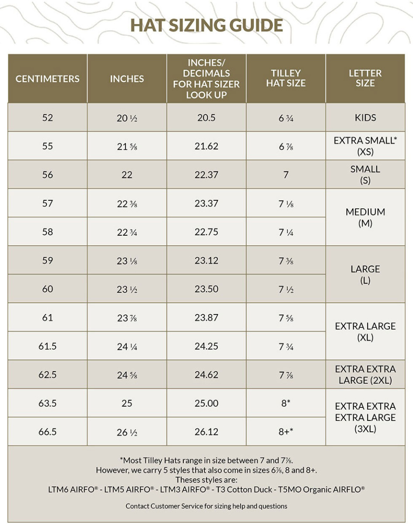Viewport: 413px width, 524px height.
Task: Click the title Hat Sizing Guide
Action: click(206, 25)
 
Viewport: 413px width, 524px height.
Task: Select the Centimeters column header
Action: click(48, 79)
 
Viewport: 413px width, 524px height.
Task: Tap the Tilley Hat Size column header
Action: click(286, 78)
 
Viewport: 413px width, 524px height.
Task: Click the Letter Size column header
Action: click(365, 78)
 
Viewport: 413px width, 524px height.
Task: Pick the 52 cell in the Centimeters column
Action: click(48, 117)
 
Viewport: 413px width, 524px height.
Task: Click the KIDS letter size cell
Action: click(365, 117)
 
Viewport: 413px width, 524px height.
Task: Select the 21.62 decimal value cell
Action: click(206, 146)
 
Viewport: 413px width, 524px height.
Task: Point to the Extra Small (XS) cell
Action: click(365, 146)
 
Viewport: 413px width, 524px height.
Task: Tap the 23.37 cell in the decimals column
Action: click(206, 203)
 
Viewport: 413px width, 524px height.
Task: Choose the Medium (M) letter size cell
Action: click(365, 217)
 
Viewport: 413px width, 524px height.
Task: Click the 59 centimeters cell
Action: click(48, 261)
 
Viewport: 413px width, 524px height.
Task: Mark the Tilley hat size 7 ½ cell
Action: click(286, 290)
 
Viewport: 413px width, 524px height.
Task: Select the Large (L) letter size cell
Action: click(365, 275)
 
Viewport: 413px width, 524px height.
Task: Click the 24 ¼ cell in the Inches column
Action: click(127, 347)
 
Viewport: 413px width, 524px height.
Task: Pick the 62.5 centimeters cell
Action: click(48, 375)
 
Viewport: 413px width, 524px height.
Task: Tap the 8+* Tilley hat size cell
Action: click(286, 432)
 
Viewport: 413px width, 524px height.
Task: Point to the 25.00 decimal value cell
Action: click(206, 403)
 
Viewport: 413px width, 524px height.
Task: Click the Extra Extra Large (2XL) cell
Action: click(365, 375)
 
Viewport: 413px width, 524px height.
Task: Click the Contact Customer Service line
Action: click(206, 506)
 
